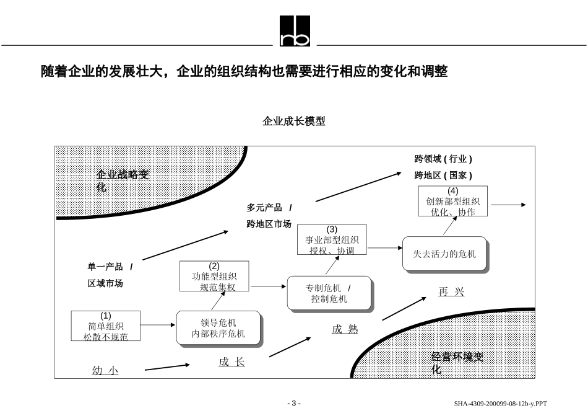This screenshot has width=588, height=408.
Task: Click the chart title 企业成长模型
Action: coord(294,122)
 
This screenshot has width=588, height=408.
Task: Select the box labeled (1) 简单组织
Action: coord(106,326)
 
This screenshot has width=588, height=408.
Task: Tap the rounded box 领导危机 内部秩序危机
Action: coord(218,328)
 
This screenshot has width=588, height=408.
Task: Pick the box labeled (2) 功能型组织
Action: coord(214,276)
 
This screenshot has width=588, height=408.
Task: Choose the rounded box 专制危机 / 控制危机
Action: coord(329,293)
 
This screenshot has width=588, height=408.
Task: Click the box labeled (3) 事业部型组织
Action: coord(332,240)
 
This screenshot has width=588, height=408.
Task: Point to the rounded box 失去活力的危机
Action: coord(444,254)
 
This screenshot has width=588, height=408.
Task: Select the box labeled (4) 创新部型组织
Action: coord(452,202)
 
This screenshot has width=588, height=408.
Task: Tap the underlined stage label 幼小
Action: coord(105,371)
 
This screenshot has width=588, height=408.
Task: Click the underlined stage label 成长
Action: coord(231,362)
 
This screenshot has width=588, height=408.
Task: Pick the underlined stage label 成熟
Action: coord(345,329)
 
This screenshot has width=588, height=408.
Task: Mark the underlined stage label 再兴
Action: coord(451,292)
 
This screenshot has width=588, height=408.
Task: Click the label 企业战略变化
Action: coord(123,180)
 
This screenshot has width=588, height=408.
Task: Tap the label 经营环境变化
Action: coord(457,363)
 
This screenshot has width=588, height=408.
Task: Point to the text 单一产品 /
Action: coord(110,267)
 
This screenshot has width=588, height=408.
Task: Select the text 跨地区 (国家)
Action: coord(443,175)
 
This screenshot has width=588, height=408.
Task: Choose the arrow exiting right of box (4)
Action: coord(508,205)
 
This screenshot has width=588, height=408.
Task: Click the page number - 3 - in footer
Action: coord(294,403)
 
